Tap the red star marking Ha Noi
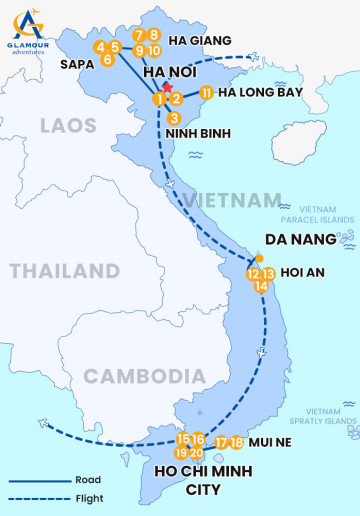click(168, 89)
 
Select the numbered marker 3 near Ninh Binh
click(174, 118)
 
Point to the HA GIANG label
click(200, 41)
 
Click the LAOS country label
click(69, 125)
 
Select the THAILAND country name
click(64, 271)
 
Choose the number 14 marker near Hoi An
click(262, 286)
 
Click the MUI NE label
click(275, 443)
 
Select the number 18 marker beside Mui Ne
click(237, 442)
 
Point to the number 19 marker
click(181, 453)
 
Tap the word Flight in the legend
click(88, 498)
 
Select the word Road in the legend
click(87, 479)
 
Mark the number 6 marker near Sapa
click(107, 60)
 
